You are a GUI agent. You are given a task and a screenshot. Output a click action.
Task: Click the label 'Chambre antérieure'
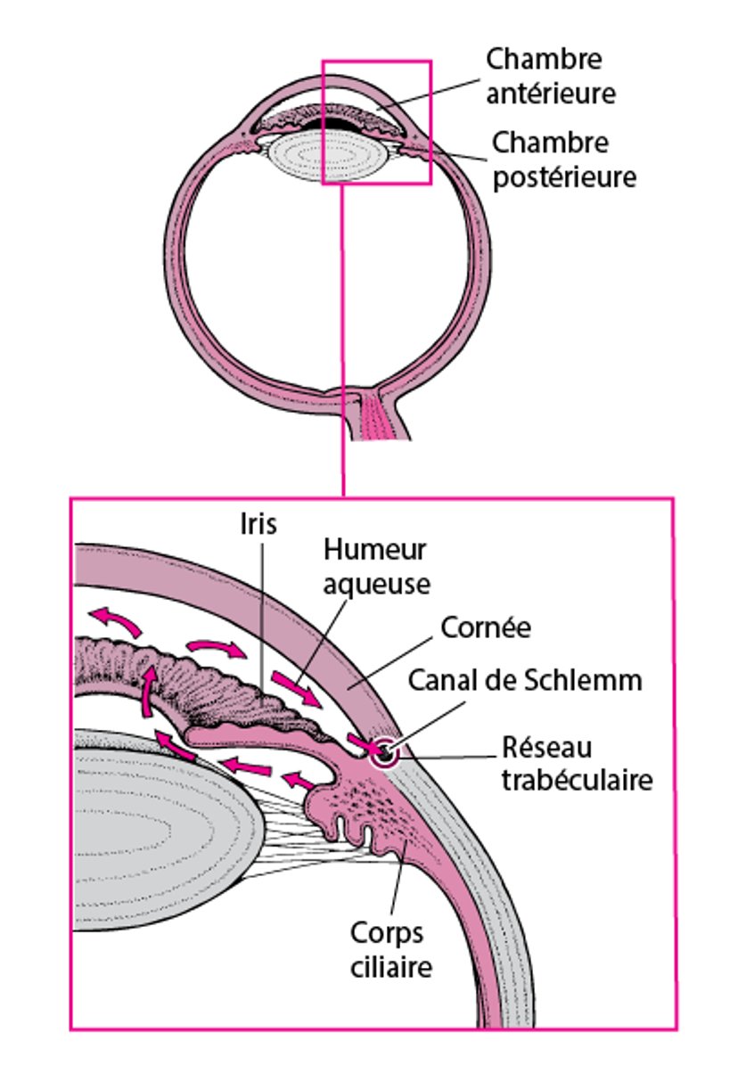click(550, 77)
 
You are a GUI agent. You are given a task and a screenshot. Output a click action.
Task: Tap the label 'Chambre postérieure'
click(564, 160)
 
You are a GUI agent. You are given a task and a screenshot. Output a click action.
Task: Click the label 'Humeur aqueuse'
click(375, 566)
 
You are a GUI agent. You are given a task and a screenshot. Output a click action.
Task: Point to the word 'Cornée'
click(486, 627)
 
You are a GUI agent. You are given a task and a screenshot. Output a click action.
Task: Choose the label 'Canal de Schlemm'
click(525, 680)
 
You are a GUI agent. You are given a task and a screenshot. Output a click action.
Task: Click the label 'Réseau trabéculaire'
click(576, 762)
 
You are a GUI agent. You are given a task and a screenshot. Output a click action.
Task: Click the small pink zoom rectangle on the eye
click(376, 62)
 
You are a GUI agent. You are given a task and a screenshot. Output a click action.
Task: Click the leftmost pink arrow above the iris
click(116, 619)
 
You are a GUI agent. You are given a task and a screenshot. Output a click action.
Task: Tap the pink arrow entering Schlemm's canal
click(361, 742)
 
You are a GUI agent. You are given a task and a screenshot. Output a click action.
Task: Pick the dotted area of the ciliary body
click(374, 798)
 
